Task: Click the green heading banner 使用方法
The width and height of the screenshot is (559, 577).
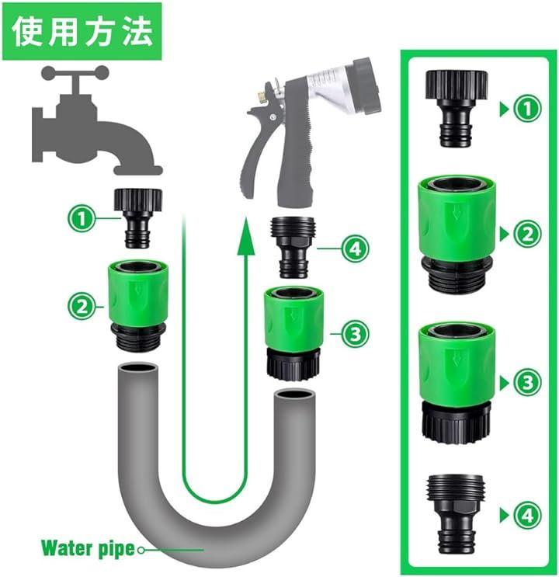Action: tap(82, 31)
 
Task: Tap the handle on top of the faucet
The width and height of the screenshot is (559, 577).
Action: tap(75, 72)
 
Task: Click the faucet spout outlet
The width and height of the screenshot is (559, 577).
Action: tap(138, 170)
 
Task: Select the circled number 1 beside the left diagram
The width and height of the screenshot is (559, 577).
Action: tap(82, 218)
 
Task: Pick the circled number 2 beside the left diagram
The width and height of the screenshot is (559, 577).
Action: tap(82, 306)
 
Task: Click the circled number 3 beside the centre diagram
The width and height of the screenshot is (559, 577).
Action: tap(355, 334)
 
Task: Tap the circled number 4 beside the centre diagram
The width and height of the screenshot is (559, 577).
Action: tap(355, 249)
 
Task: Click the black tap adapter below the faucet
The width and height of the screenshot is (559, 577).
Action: tap(138, 218)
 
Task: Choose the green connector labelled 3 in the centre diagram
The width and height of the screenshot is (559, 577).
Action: tap(293, 333)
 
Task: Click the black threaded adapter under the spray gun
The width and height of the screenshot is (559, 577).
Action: tap(293, 248)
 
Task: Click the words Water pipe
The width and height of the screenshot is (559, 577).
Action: tap(88, 548)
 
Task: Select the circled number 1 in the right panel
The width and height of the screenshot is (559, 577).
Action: tap(527, 109)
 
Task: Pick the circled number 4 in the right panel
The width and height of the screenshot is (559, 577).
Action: tap(527, 515)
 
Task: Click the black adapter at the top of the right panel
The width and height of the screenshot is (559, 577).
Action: tap(457, 109)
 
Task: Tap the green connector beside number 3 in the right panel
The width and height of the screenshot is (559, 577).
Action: tap(457, 383)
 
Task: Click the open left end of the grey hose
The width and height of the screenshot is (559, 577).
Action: tap(138, 369)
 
